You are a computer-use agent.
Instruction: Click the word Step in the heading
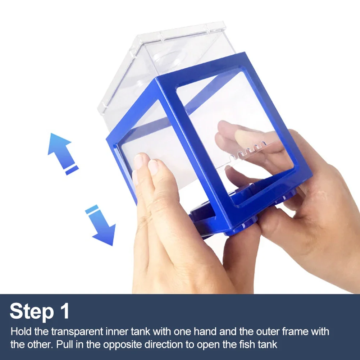tap(32, 311)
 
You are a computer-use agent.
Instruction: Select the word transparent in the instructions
tap(77, 332)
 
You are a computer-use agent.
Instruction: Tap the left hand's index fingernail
tap(153, 167)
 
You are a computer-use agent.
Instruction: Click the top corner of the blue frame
tap(245, 53)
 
